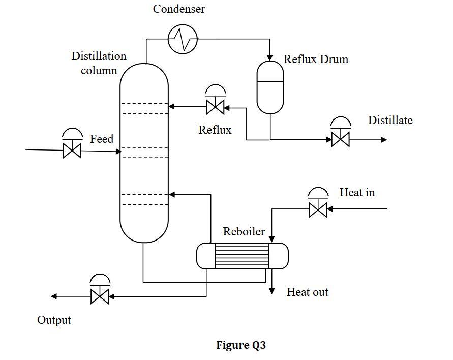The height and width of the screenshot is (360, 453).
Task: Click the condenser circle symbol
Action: (x=183, y=39)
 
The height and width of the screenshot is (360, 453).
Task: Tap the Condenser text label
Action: (x=179, y=9)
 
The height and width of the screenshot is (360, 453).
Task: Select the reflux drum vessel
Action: (x=270, y=87)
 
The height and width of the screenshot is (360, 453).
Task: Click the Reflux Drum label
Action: (x=316, y=59)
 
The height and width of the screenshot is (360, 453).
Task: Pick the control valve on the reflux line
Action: (x=215, y=107)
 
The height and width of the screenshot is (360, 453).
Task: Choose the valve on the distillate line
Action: (x=340, y=139)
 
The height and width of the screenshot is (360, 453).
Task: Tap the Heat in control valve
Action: (x=318, y=209)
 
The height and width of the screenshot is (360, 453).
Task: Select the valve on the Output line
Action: (x=100, y=296)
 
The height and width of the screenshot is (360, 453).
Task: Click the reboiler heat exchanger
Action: (x=242, y=256)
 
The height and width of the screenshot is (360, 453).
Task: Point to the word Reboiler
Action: (x=244, y=232)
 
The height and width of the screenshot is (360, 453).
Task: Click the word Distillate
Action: (x=390, y=121)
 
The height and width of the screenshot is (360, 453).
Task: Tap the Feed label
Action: (x=102, y=139)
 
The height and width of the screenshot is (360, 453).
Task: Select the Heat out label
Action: (x=307, y=292)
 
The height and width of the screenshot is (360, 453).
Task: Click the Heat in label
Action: (x=357, y=193)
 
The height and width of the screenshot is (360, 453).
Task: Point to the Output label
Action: (x=54, y=320)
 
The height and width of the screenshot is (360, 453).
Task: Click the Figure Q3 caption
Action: (x=240, y=346)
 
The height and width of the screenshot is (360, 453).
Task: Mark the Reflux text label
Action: (x=215, y=130)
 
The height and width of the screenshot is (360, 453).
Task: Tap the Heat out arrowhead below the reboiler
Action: (x=272, y=291)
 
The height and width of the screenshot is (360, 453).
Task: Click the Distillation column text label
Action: (x=99, y=63)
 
